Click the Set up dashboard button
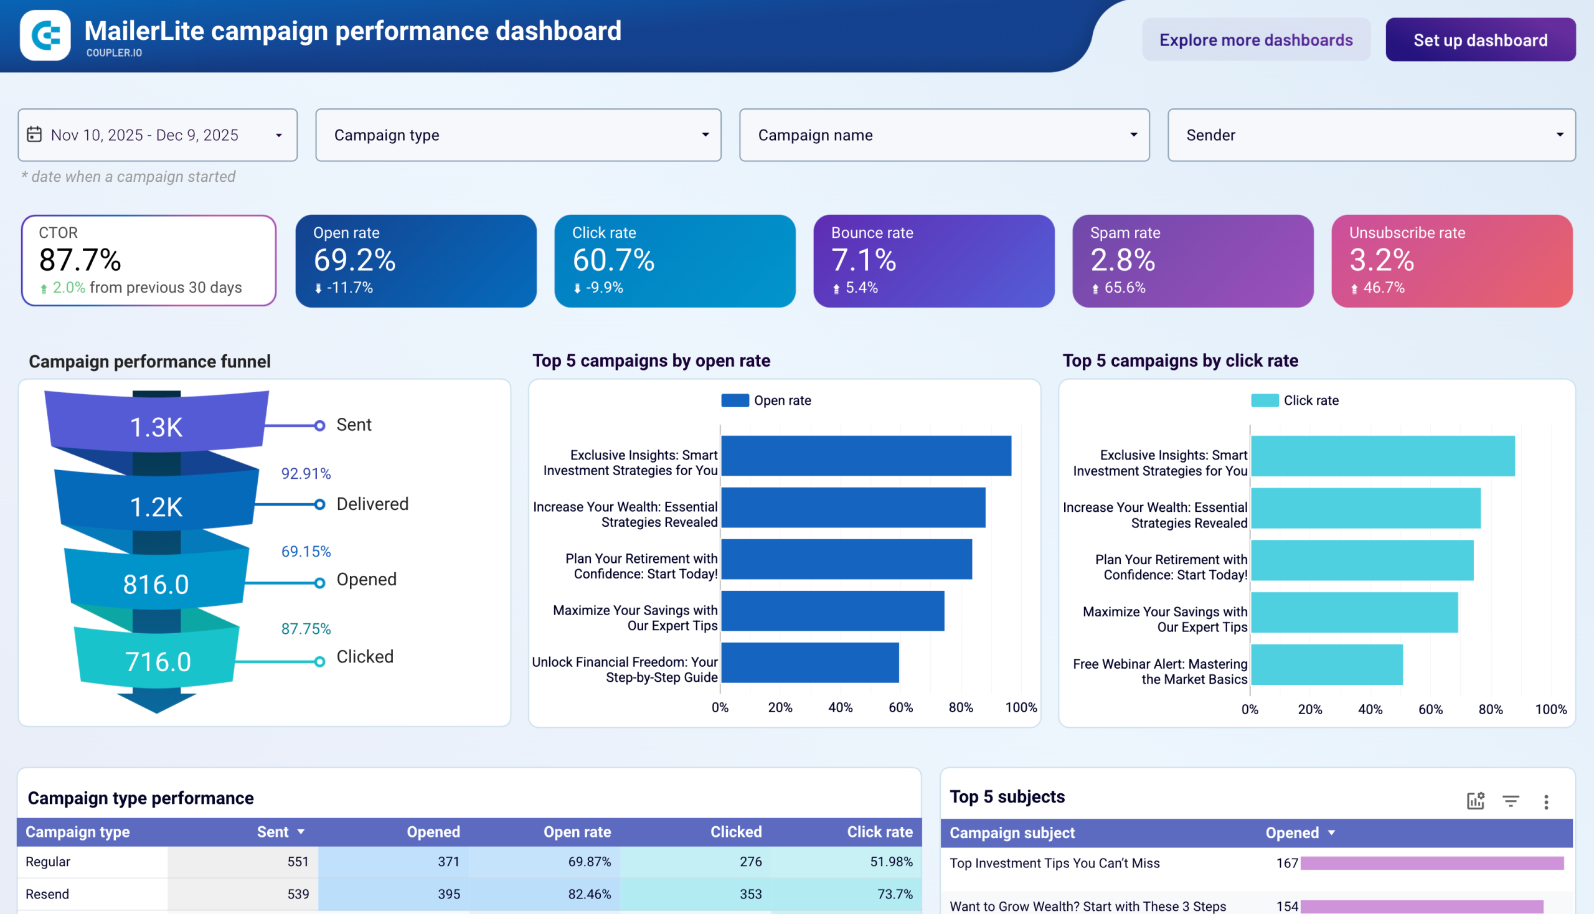[x=1479, y=40]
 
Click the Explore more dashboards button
[x=1256, y=40]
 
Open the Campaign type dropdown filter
[x=518, y=135]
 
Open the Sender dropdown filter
[x=1370, y=135]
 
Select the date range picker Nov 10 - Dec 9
[x=157, y=135]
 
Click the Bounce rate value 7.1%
[x=863, y=260]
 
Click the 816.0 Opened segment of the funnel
[x=156, y=584]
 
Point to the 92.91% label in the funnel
[x=306, y=473]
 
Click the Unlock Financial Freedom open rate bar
[x=809, y=662]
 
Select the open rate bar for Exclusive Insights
[x=865, y=456]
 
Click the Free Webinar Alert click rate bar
[x=1326, y=664]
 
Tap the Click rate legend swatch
[x=1264, y=400]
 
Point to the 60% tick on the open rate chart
[x=900, y=707]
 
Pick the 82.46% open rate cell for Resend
[x=589, y=894]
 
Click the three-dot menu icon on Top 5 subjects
[x=1545, y=802]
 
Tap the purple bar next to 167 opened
[x=1431, y=863]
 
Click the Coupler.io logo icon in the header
[x=45, y=35]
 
